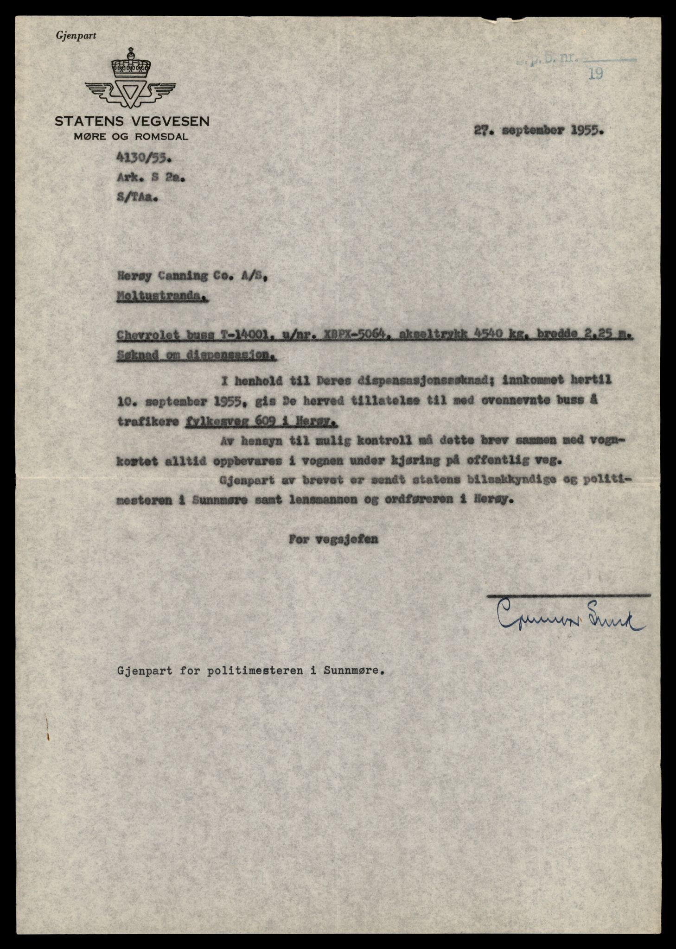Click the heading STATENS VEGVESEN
[132, 122]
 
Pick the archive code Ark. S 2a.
[150, 178]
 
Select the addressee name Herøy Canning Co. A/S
[192, 277]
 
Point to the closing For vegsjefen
[333, 539]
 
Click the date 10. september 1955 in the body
[181, 401]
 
